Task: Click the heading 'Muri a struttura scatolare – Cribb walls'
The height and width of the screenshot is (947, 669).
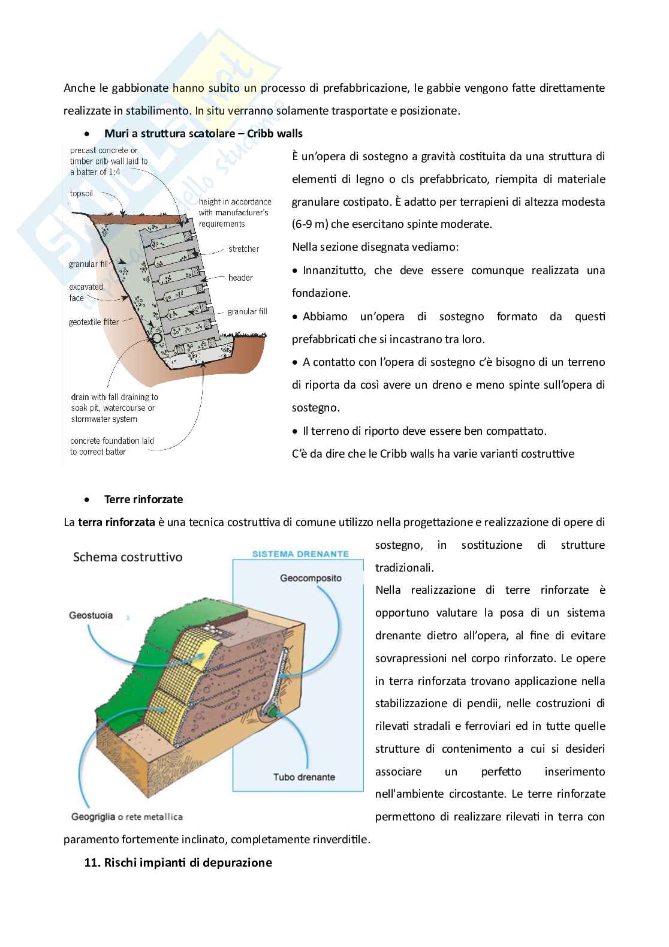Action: [203, 134]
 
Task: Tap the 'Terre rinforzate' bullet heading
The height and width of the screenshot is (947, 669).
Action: [143, 499]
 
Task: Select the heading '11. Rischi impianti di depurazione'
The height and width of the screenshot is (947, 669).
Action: [178, 862]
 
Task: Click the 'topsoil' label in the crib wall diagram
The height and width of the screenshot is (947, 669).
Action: [82, 194]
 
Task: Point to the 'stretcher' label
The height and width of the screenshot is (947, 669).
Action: [243, 249]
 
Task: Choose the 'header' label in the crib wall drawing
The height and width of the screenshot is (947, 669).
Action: [240, 278]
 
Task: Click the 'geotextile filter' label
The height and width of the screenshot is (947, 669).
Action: [94, 322]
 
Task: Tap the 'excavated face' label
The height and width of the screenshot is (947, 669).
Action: [86, 292]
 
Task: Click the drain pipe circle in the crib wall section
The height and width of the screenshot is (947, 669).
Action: [157, 338]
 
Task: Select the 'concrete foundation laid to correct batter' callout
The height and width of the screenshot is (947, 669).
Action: [111, 446]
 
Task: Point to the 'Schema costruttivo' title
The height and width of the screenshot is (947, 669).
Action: [128, 557]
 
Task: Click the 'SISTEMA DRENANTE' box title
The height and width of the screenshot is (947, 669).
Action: [300, 554]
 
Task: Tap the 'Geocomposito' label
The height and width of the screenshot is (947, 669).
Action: [311, 578]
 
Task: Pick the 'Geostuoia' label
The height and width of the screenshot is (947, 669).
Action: [91, 615]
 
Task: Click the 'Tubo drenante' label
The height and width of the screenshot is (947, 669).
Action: [304, 777]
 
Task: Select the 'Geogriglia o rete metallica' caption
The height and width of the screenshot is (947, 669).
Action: [127, 817]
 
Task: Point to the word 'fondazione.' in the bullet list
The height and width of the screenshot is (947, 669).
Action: [321, 293]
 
